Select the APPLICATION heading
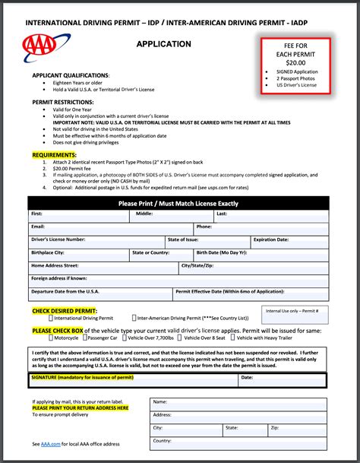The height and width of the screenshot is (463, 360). pyautogui.click(x=163, y=44)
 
